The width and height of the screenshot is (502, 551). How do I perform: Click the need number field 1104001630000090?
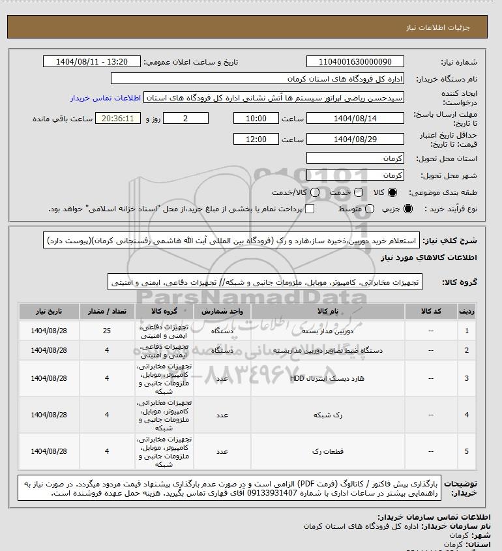point(355,62)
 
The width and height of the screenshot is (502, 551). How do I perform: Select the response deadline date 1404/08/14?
point(355,118)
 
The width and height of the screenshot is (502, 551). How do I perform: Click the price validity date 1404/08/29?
point(355,139)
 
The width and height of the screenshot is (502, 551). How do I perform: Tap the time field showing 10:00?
point(256,118)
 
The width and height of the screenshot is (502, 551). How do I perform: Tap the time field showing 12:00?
point(256,139)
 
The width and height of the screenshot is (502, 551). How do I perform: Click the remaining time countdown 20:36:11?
point(117,118)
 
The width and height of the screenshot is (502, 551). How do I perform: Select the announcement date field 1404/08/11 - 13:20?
point(91,62)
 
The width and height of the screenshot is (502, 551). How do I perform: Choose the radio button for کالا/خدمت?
point(315,193)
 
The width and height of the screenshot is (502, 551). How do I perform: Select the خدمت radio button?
point(357,193)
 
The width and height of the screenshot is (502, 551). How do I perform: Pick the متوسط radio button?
point(370,209)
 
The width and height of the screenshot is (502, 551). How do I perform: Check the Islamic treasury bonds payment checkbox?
point(310,209)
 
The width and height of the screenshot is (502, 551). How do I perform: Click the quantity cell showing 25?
point(106,331)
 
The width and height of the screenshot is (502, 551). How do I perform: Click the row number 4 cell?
point(466,414)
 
